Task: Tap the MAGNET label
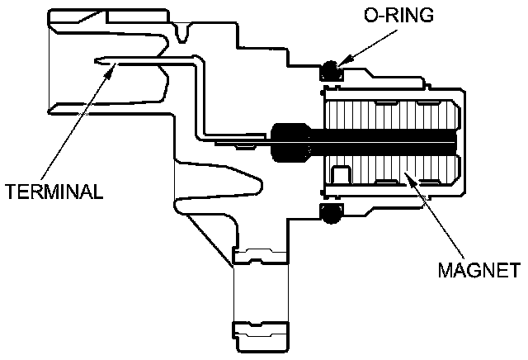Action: pyautogui.click(x=478, y=269)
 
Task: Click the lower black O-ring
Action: pyautogui.click(x=329, y=214)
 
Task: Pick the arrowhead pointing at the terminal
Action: pyautogui.click(x=108, y=71)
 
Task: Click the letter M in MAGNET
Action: pyautogui.click(x=443, y=269)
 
